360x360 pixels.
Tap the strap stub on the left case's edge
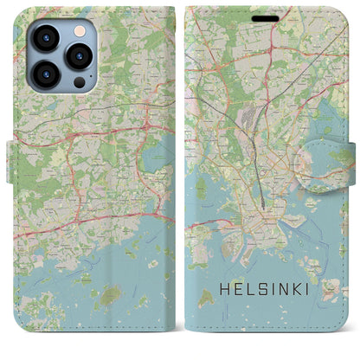pyautogui.click(x=13, y=157)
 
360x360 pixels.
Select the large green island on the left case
pyautogui.click(x=110, y=295)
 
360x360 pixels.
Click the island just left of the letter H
pyautogui.click(x=209, y=299)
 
